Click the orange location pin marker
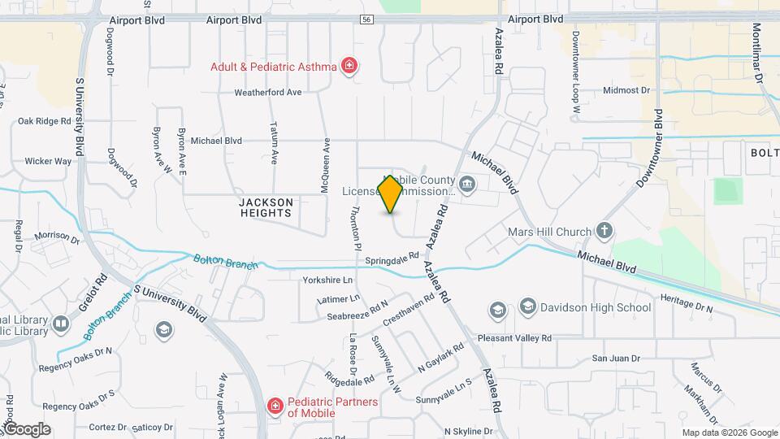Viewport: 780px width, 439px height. pyautogui.click(x=391, y=194)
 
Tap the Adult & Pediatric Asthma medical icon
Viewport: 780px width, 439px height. pyautogui.click(x=349, y=66)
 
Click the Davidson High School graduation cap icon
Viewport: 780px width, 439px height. pyautogui.click(x=528, y=306)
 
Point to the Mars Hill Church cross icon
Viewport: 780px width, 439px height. pyautogui.click(x=604, y=232)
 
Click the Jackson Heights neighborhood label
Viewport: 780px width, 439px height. pyautogui.click(x=265, y=207)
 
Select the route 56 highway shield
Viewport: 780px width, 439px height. pyautogui.click(x=367, y=20)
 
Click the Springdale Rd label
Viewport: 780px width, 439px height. pyautogui.click(x=385, y=260)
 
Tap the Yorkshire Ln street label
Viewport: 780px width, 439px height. pyautogui.click(x=329, y=280)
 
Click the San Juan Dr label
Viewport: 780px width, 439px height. pyautogui.click(x=615, y=358)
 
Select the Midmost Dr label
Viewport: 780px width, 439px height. pyautogui.click(x=627, y=90)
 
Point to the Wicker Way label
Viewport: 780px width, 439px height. pyautogui.click(x=48, y=161)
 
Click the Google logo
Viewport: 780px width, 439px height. pyautogui.click(x=27, y=429)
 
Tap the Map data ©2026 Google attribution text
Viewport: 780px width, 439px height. pyautogui.click(x=729, y=432)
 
